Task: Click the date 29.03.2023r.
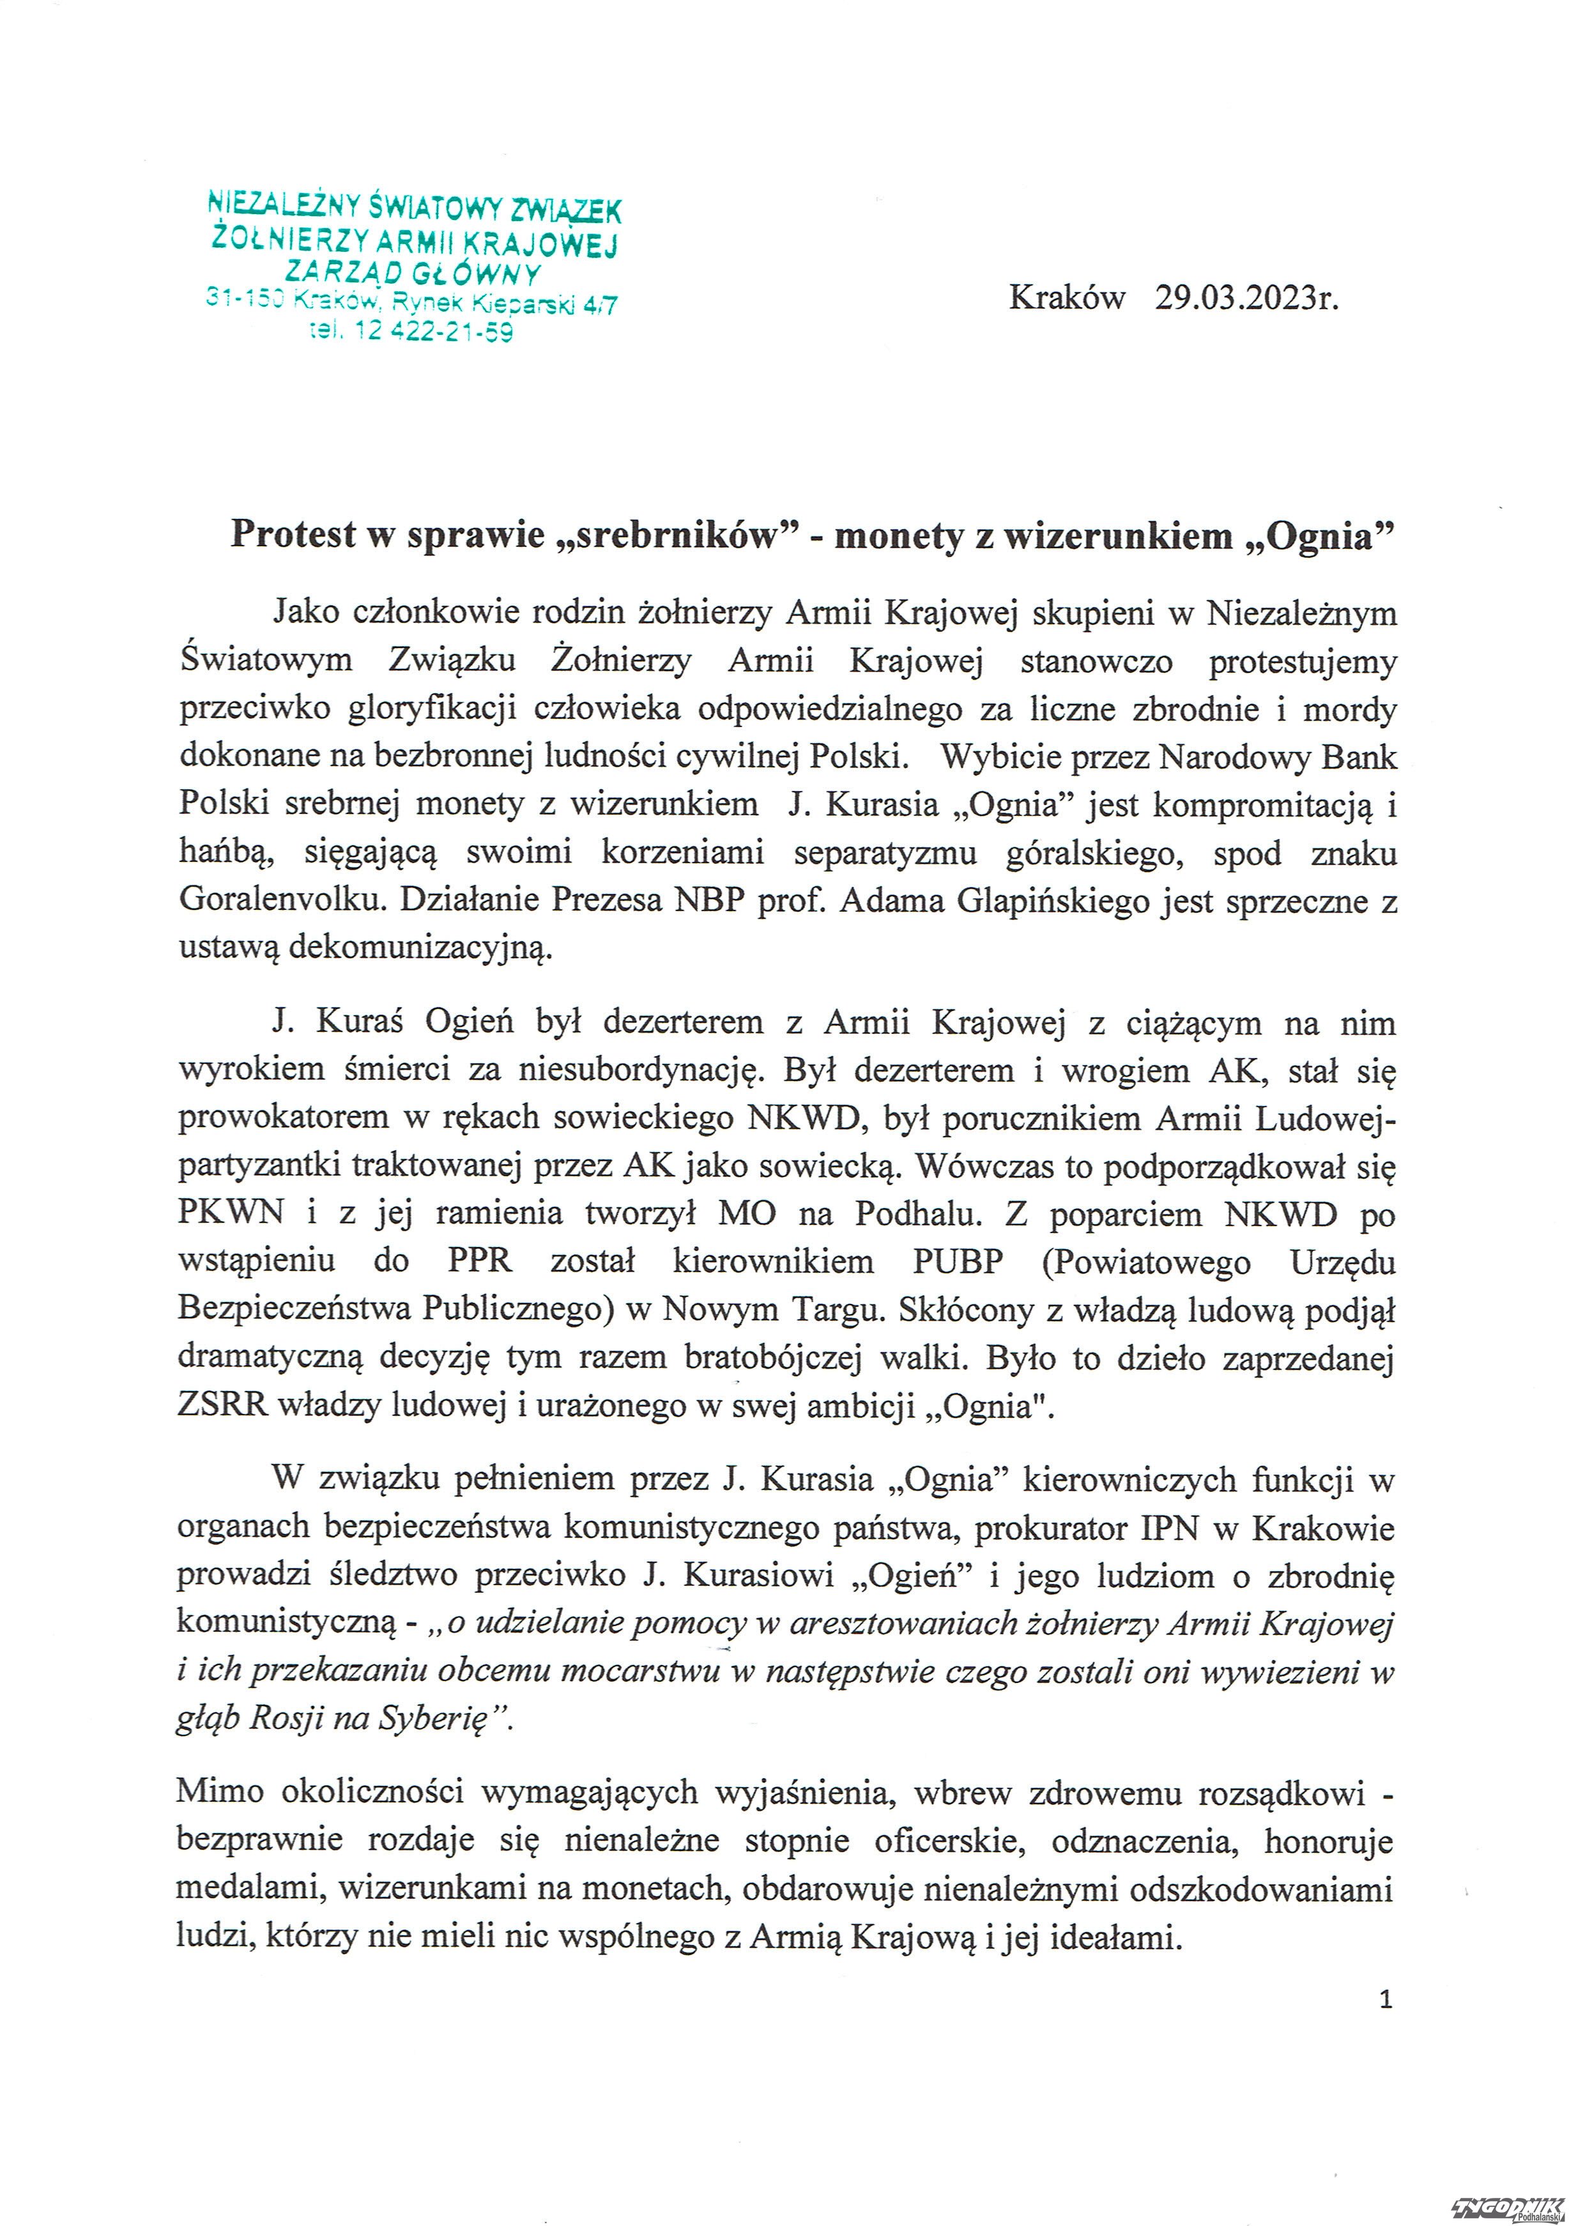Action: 1246,298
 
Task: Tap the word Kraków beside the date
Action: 1067,298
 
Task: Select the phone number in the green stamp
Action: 413,332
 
